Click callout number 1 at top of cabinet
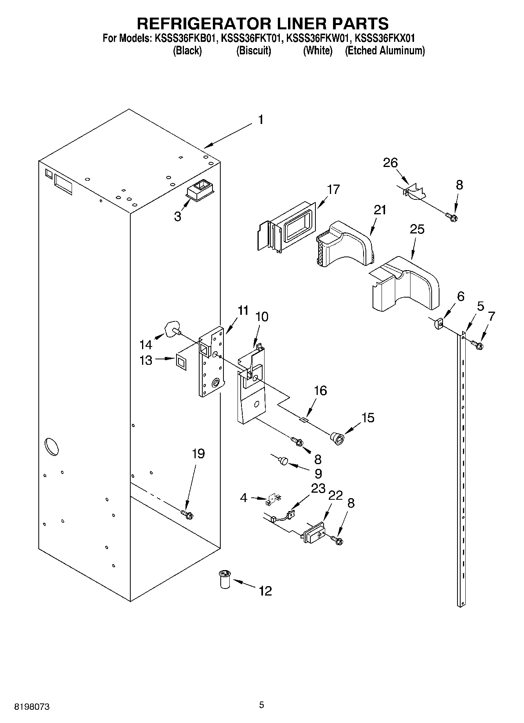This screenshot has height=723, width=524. tap(260, 120)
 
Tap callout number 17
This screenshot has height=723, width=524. tap(333, 190)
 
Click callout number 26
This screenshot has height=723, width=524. tap(390, 163)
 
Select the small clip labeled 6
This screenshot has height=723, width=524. tap(438, 324)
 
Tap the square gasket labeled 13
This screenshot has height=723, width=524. tap(181, 362)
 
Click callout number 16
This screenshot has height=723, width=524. tap(320, 390)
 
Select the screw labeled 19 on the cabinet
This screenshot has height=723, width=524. tap(187, 515)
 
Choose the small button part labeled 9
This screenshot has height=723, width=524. tap(283, 461)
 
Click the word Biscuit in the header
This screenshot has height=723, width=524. tap(254, 50)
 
